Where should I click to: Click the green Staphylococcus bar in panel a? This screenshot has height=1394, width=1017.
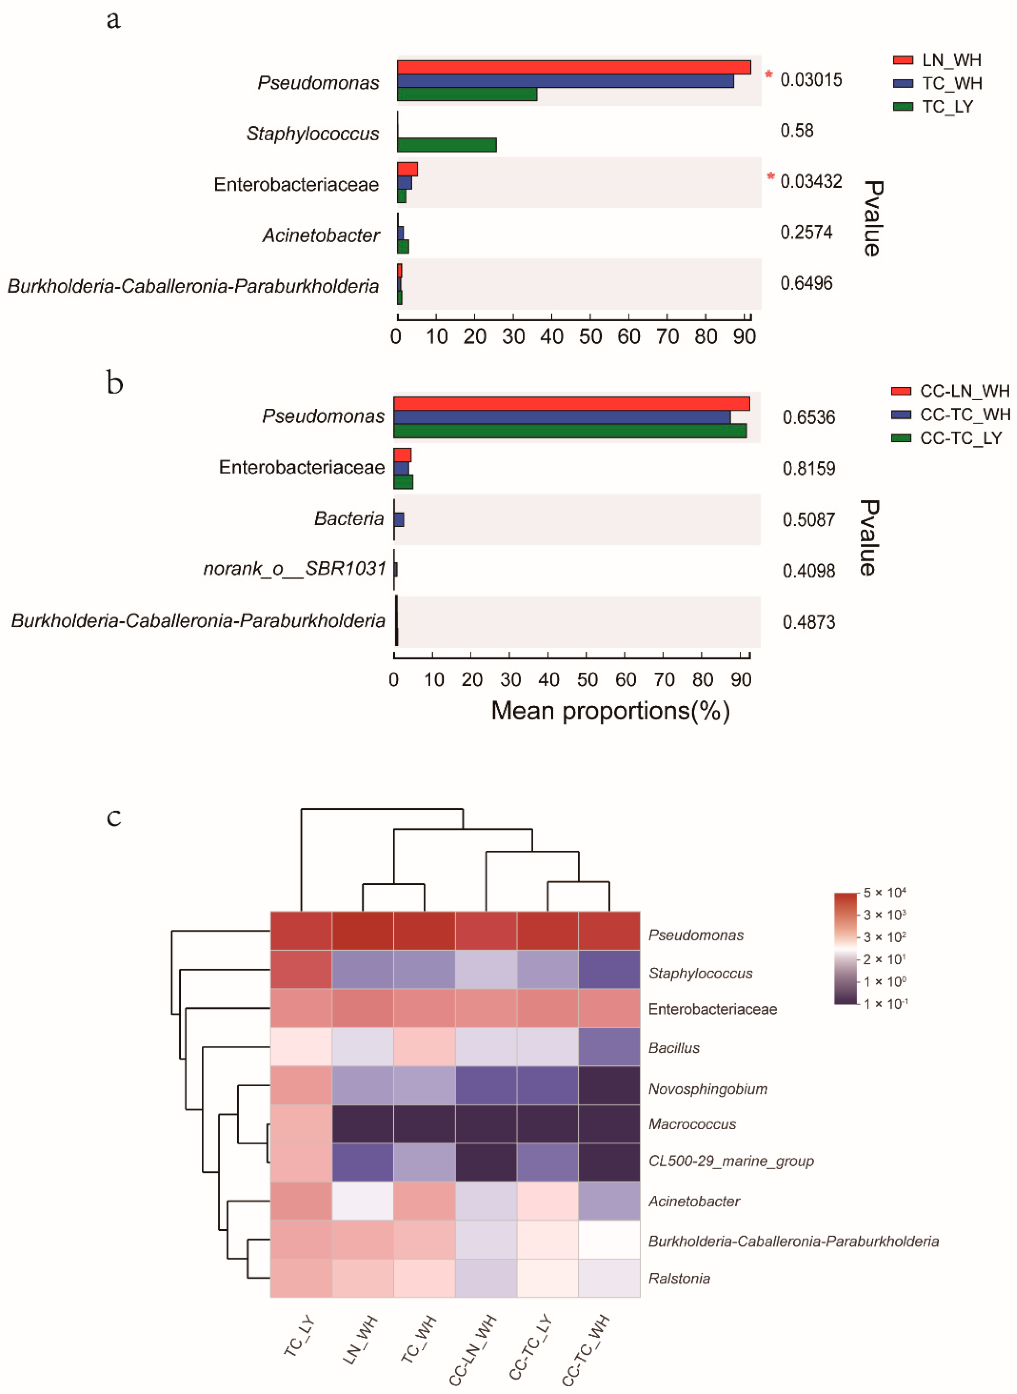pyautogui.click(x=446, y=145)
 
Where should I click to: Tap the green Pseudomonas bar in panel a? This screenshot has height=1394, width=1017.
pyautogui.click(x=467, y=94)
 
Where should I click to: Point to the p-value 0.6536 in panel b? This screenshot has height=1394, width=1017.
pyautogui.click(x=808, y=417)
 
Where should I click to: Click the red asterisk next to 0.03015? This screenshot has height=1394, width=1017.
pyautogui.click(x=768, y=75)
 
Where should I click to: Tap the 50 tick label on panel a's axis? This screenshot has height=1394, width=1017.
pyautogui.click(x=590, y=337)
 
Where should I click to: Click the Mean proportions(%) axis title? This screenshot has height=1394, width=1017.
pyautogui.click(x=610, y=711)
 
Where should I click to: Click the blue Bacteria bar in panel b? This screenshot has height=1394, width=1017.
pyautogui.click(x=399, y=520)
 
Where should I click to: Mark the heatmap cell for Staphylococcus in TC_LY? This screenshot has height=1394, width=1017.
pyautogui.click(x=301, y=969)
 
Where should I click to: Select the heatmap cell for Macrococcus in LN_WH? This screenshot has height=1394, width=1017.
pyautogui.click(x=363, y=1124)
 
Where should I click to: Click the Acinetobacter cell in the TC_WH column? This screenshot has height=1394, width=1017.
pyautogui.click(x=424, y=1201)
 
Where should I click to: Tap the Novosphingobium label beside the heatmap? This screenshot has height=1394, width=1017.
pyautogui.click(x=707, y=1089)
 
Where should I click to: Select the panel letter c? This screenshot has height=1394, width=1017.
pyautogui.click(x=114, y=817)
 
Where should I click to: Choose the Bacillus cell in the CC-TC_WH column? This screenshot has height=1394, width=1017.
pyautogui.click(x=609, y=1047)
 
